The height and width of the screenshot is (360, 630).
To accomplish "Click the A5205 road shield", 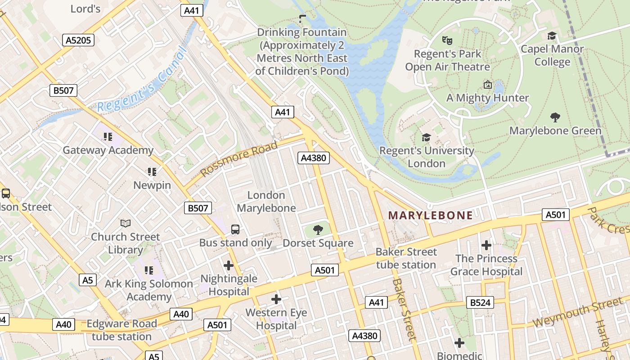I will pos(78,40).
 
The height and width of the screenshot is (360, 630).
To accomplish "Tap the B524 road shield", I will pos(480,302).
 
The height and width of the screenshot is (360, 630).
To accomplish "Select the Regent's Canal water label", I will pos(142,81).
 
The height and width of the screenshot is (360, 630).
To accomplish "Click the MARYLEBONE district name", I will pos(431,215).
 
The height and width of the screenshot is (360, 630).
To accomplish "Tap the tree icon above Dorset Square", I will pos(318,230).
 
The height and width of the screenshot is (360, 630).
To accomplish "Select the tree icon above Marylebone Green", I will pos(555,117).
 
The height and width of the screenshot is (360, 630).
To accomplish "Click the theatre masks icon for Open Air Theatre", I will pos(447,40).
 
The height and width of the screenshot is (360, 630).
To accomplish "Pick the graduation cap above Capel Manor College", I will pos(552,36).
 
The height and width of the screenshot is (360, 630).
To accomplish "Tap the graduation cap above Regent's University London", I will pos(426,137).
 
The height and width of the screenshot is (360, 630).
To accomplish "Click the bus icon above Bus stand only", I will pos(235,229).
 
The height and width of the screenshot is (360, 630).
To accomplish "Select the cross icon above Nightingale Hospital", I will pos(229,265).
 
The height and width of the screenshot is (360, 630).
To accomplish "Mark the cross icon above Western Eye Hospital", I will pos(276,299).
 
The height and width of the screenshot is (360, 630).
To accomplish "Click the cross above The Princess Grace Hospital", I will pos(486,245).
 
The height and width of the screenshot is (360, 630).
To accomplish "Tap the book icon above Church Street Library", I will pos(126,223).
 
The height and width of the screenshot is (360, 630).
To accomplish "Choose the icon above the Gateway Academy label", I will pos(108,136).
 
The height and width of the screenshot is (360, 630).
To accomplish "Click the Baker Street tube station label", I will pos(406,258).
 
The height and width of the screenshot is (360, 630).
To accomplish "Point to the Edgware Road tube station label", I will pos(121,330).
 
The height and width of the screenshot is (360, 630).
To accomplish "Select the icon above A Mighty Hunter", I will pos(487,85).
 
